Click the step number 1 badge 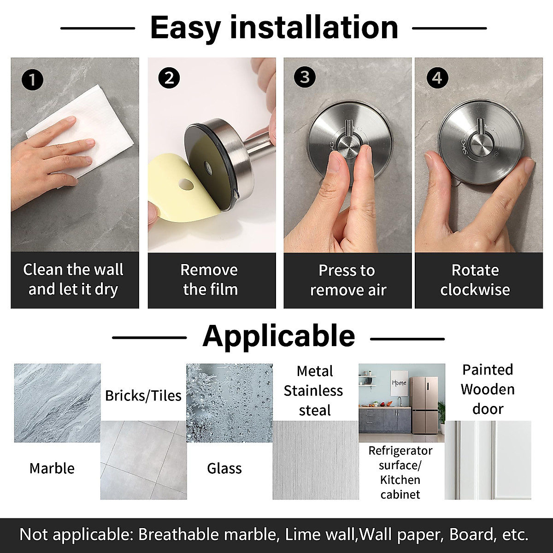click(32, 80)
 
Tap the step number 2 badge click(169, 78)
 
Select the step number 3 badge click(305, 77)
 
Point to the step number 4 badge click(436, 78)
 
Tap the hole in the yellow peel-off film click(187, 184)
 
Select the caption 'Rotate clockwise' click(475, 280)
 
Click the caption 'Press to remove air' click(347, 280)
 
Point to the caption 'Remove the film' click(210, 280)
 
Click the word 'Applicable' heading click(278, 336)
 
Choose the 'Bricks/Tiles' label click(143, 396)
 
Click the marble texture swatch click(57, 403)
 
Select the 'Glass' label click(224, 468)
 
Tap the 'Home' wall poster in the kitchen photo click(399, 382)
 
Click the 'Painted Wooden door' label click(488, 389)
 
